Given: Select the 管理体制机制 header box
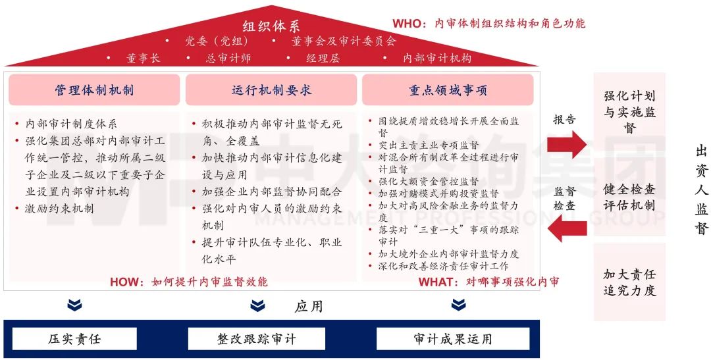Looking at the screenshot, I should point(94,90).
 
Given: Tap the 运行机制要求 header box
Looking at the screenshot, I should point(271,90).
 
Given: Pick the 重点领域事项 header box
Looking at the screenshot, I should point(448,90).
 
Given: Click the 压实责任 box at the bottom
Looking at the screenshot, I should point(74,339).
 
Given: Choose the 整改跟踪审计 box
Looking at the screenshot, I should point(257,339).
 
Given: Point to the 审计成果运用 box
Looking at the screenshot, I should point(453,339).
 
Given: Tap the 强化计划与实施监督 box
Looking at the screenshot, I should point(630,112).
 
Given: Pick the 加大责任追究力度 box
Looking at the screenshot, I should point(630,282).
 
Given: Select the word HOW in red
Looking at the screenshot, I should point(126,282).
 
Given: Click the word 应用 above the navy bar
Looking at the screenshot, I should point(309,306).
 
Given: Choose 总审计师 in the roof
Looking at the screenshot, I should point(228,58).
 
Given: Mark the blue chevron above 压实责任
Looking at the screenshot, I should point(75,305).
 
